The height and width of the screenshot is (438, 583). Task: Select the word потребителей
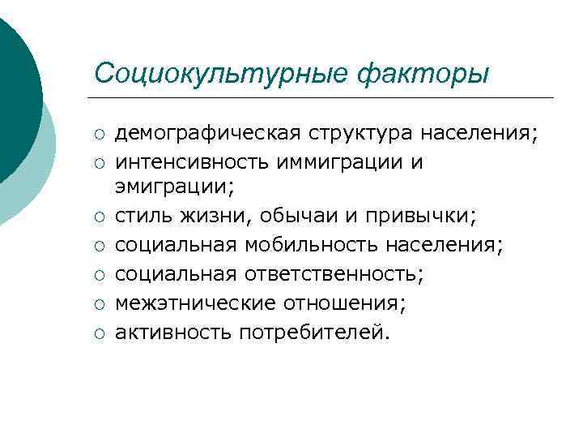pos(314,331)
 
